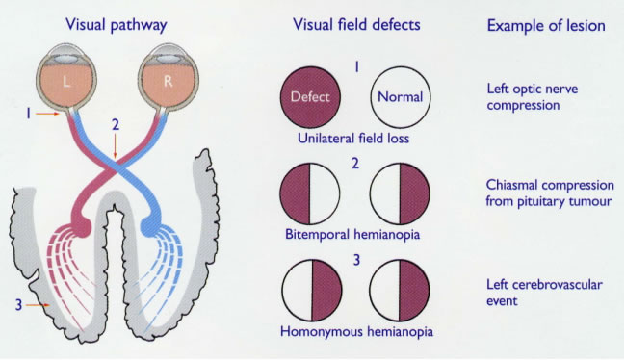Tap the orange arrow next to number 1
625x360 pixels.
(x=49, y=114)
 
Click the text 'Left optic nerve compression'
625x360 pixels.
(x=531, y=96)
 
